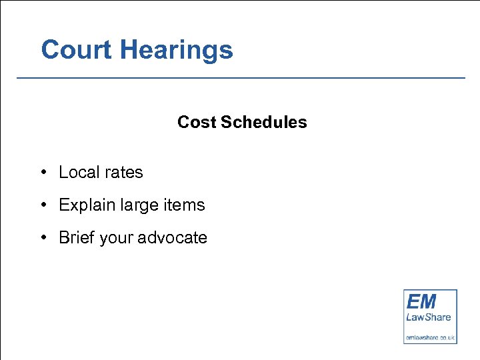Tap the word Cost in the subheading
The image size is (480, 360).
point(197,123)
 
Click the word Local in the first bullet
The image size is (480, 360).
point(78,172)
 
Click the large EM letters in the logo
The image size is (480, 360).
point(421,301)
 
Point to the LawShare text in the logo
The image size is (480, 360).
point(429,318)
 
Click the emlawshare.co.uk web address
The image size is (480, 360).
point(430,337)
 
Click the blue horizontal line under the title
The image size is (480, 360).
point(240,78)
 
